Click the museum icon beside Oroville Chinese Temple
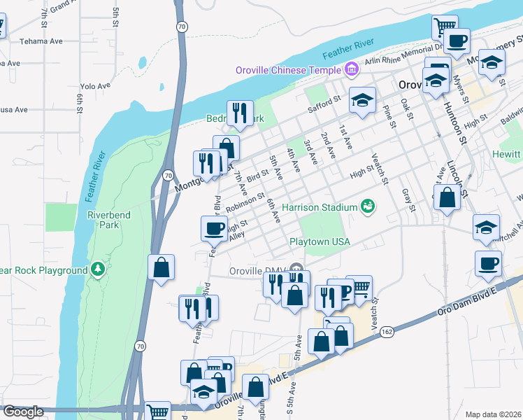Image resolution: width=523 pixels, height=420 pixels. click(x=351, y=69)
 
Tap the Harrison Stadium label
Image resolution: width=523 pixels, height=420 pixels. click(x=319, y=207)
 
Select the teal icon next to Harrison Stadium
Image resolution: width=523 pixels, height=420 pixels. click(x=366, y=206)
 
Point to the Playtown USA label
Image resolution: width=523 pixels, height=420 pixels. click(x=320, y=241)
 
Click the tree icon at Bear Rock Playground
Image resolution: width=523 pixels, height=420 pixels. click(x=98, y=269)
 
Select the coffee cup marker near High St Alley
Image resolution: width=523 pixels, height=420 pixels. click(x=213, y=228)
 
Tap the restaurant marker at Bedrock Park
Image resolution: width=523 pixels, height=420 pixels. click(x=240, y=112)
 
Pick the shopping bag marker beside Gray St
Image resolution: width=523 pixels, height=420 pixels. click(x=447, y=197)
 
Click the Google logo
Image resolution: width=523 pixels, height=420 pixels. click(x=24, y=412)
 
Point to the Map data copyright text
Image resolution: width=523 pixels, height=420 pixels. click(x=493, y=414)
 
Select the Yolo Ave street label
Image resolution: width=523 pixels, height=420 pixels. click(x=96, y=86)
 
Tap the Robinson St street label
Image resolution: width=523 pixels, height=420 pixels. click(x=245, y=202)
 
